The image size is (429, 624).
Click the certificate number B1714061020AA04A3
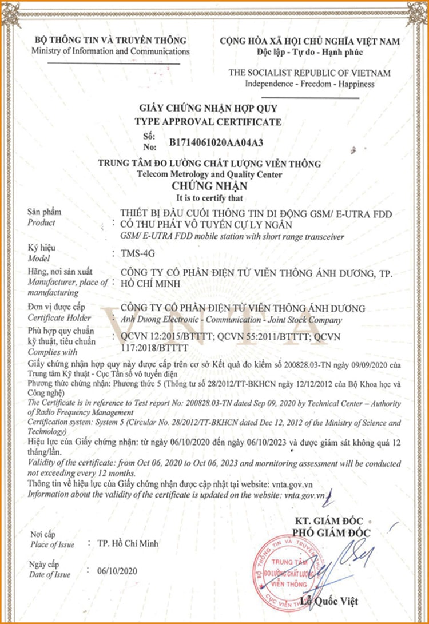click(x=217, y=141)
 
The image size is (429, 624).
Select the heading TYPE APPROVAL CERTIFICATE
click(x=208, y=122)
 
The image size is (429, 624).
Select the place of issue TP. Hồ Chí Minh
click(x=128, y=543)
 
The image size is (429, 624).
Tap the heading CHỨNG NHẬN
click(x=209, y=186)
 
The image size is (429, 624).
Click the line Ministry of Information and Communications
click(x=110, y=51)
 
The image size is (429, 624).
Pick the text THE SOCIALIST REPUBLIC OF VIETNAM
click(x=309, y=73)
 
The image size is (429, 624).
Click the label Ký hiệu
click(x=41, y=248)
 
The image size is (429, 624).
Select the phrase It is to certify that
click(x=209, y=198)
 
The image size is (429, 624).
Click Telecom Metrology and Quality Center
click(x=209, y=174)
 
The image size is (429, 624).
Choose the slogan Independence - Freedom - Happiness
click(x=309, y=84)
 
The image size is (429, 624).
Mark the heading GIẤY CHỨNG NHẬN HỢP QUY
click(x=208, y=108)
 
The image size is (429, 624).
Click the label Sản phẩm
click(x=44, y=213)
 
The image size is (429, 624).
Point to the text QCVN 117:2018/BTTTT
click(x=150, y=347)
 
